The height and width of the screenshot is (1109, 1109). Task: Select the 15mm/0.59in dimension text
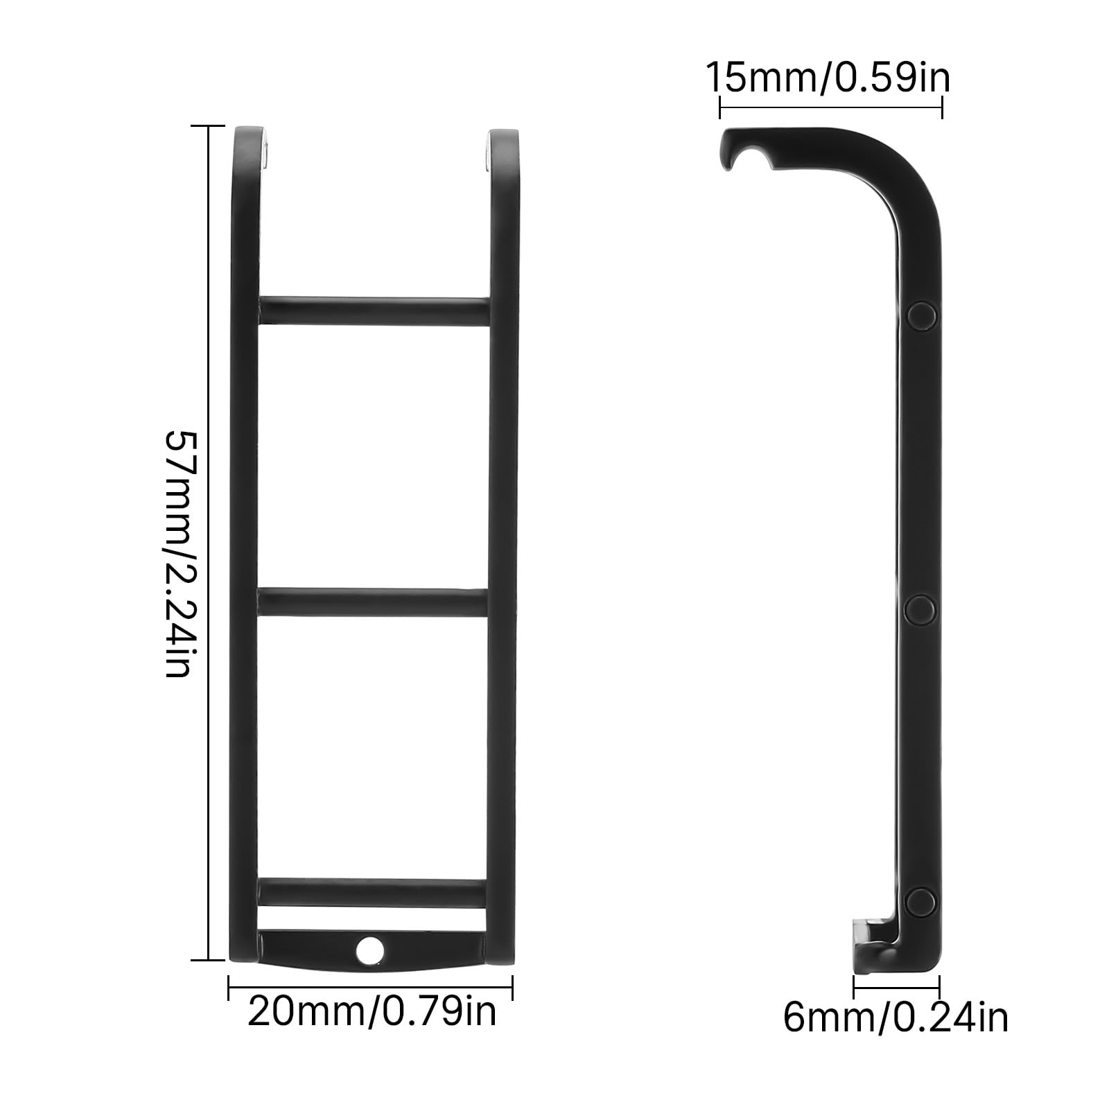(x=828, y=78)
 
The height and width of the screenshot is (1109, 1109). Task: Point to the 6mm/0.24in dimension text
(x=896, y=1018)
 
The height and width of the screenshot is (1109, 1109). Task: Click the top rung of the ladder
(x=374, y=311)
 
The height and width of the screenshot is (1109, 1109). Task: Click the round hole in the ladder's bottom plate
(x=369, y=949)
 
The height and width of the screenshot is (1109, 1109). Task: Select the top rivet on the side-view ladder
(x=921, y=315)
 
